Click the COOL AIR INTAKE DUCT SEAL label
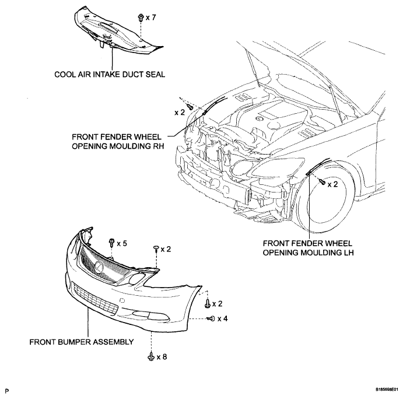pyautogui.click(x=110, y=75)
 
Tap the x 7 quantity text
pyautogui.click(x=151, y=17)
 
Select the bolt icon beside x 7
pyautogui.click(x=141, y=17)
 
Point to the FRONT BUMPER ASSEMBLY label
pyautogui.click(x=82, y=342)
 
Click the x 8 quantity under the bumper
pyautogui.click(x=162, y=357)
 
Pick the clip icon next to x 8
pyautogui.click(x=151, y=356)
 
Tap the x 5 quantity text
pyautogui.click(x=122, y=243)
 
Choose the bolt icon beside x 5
pyautogui.click(x=112, y=242)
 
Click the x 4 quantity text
pyautogui.click(x=223, y=318)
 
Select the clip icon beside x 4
pyautogui.click(x=211, y=318)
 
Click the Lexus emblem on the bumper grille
pyautogui.click(x=99, y=267)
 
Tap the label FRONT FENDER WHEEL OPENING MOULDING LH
pyautogui.click(x=308, y=248)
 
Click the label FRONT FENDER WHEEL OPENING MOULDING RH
pyautogui.click(x=118, y=141)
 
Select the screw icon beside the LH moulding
pyautogui.click(x=323, y=181)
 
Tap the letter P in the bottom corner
pyautogui.click(x=6, y=391)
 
